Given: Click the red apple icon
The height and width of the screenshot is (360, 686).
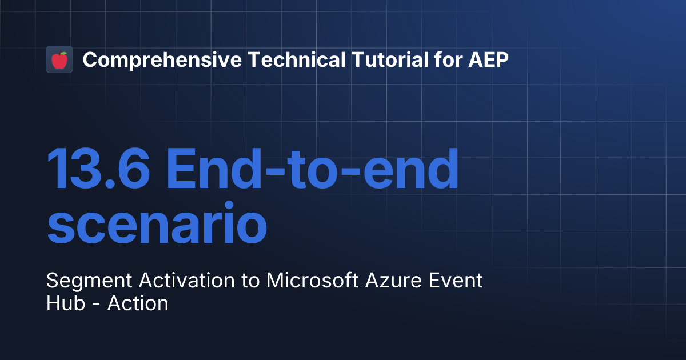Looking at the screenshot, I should (59, 60).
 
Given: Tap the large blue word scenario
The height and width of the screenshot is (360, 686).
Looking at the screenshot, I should (157, 223).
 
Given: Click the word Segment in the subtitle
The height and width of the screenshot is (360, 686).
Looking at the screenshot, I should (79, 281).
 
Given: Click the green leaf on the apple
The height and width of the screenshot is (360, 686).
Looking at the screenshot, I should (63, 54).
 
